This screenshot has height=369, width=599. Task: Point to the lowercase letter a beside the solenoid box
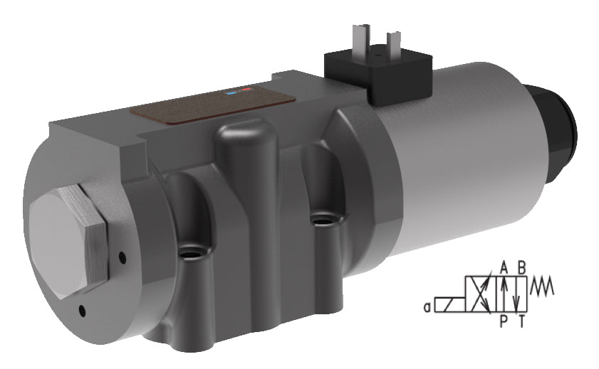pos(425,307)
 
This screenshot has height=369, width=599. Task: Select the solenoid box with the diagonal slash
pos(449,305)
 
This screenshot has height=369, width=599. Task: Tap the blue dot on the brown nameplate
pos(231,92)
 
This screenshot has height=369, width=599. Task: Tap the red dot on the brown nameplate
pos(246,90)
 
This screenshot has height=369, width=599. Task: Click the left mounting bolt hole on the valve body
pos(189,252)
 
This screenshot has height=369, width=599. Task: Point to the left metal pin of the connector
pos(358,38)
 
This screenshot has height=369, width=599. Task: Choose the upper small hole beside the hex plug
pos(123,257)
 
